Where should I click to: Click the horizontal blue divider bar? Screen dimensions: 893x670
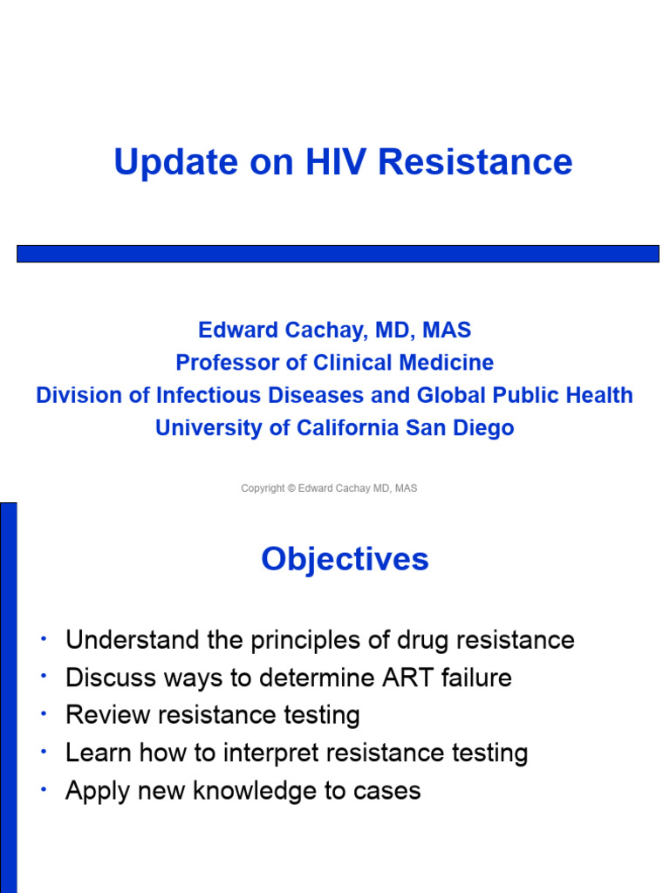338,254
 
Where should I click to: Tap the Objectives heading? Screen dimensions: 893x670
345,559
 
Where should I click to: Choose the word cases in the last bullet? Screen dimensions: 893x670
386,791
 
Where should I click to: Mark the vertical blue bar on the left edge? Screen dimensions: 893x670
8,698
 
